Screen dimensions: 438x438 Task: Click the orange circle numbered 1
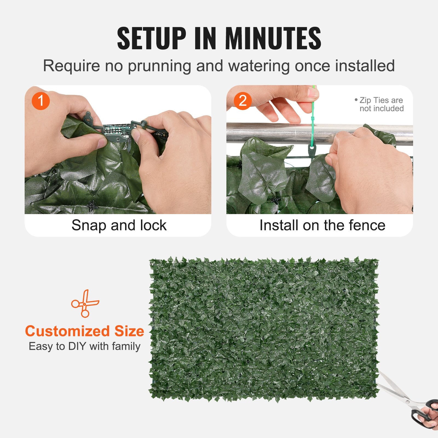point(41,101)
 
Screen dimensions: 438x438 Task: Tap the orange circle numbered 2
point(243,101)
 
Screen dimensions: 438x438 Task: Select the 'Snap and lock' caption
point(119,225)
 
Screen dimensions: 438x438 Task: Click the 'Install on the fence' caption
point(322,225)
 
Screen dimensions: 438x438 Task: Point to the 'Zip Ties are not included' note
point(381,104)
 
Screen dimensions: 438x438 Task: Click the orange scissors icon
point(85,303)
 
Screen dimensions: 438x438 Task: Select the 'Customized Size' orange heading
point(84,331)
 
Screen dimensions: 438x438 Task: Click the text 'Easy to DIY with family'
point(84,346)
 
